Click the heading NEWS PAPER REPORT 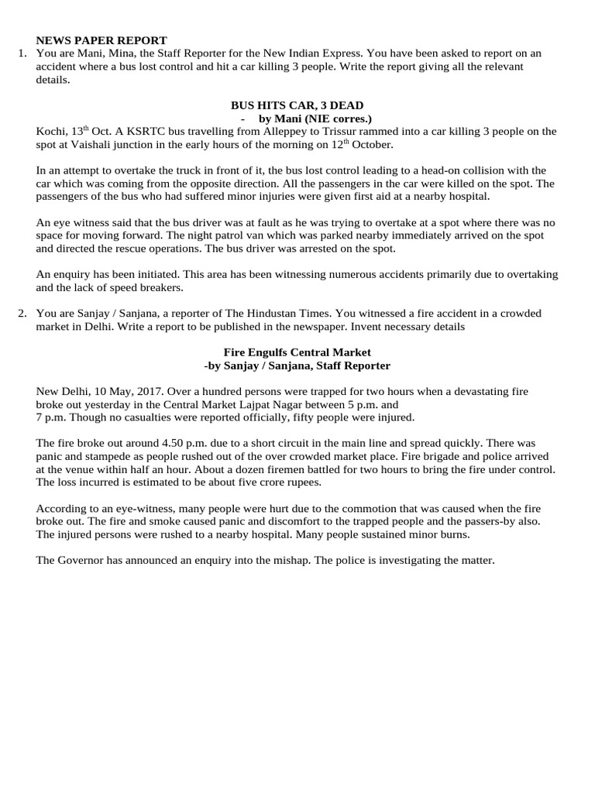[101, 40]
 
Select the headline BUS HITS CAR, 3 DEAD [297, 105]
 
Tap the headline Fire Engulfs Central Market [297, 352]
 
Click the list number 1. [23, 53]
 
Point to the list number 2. [23, 313]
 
